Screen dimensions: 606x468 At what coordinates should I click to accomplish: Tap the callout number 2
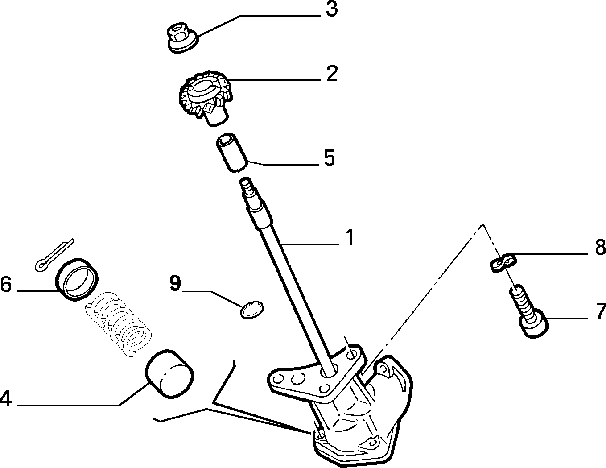(x=332, y=74)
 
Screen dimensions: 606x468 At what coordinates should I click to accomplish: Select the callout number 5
(x=329, y=158)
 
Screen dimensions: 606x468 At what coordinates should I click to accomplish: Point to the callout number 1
(x=349, y=238)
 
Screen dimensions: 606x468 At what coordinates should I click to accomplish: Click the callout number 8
(x=600, y=248)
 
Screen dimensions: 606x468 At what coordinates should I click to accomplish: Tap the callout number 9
(x=175, y=283)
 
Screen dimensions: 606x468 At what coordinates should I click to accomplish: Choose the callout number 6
(x=6, y=285)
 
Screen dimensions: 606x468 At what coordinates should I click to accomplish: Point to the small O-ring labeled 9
(x=252, y=310)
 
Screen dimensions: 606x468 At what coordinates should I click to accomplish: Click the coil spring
(x=118, y=324)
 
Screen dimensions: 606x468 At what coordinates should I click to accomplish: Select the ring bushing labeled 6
(x=77, y=279)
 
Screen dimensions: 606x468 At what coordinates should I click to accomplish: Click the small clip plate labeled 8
(x=503, y=262)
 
